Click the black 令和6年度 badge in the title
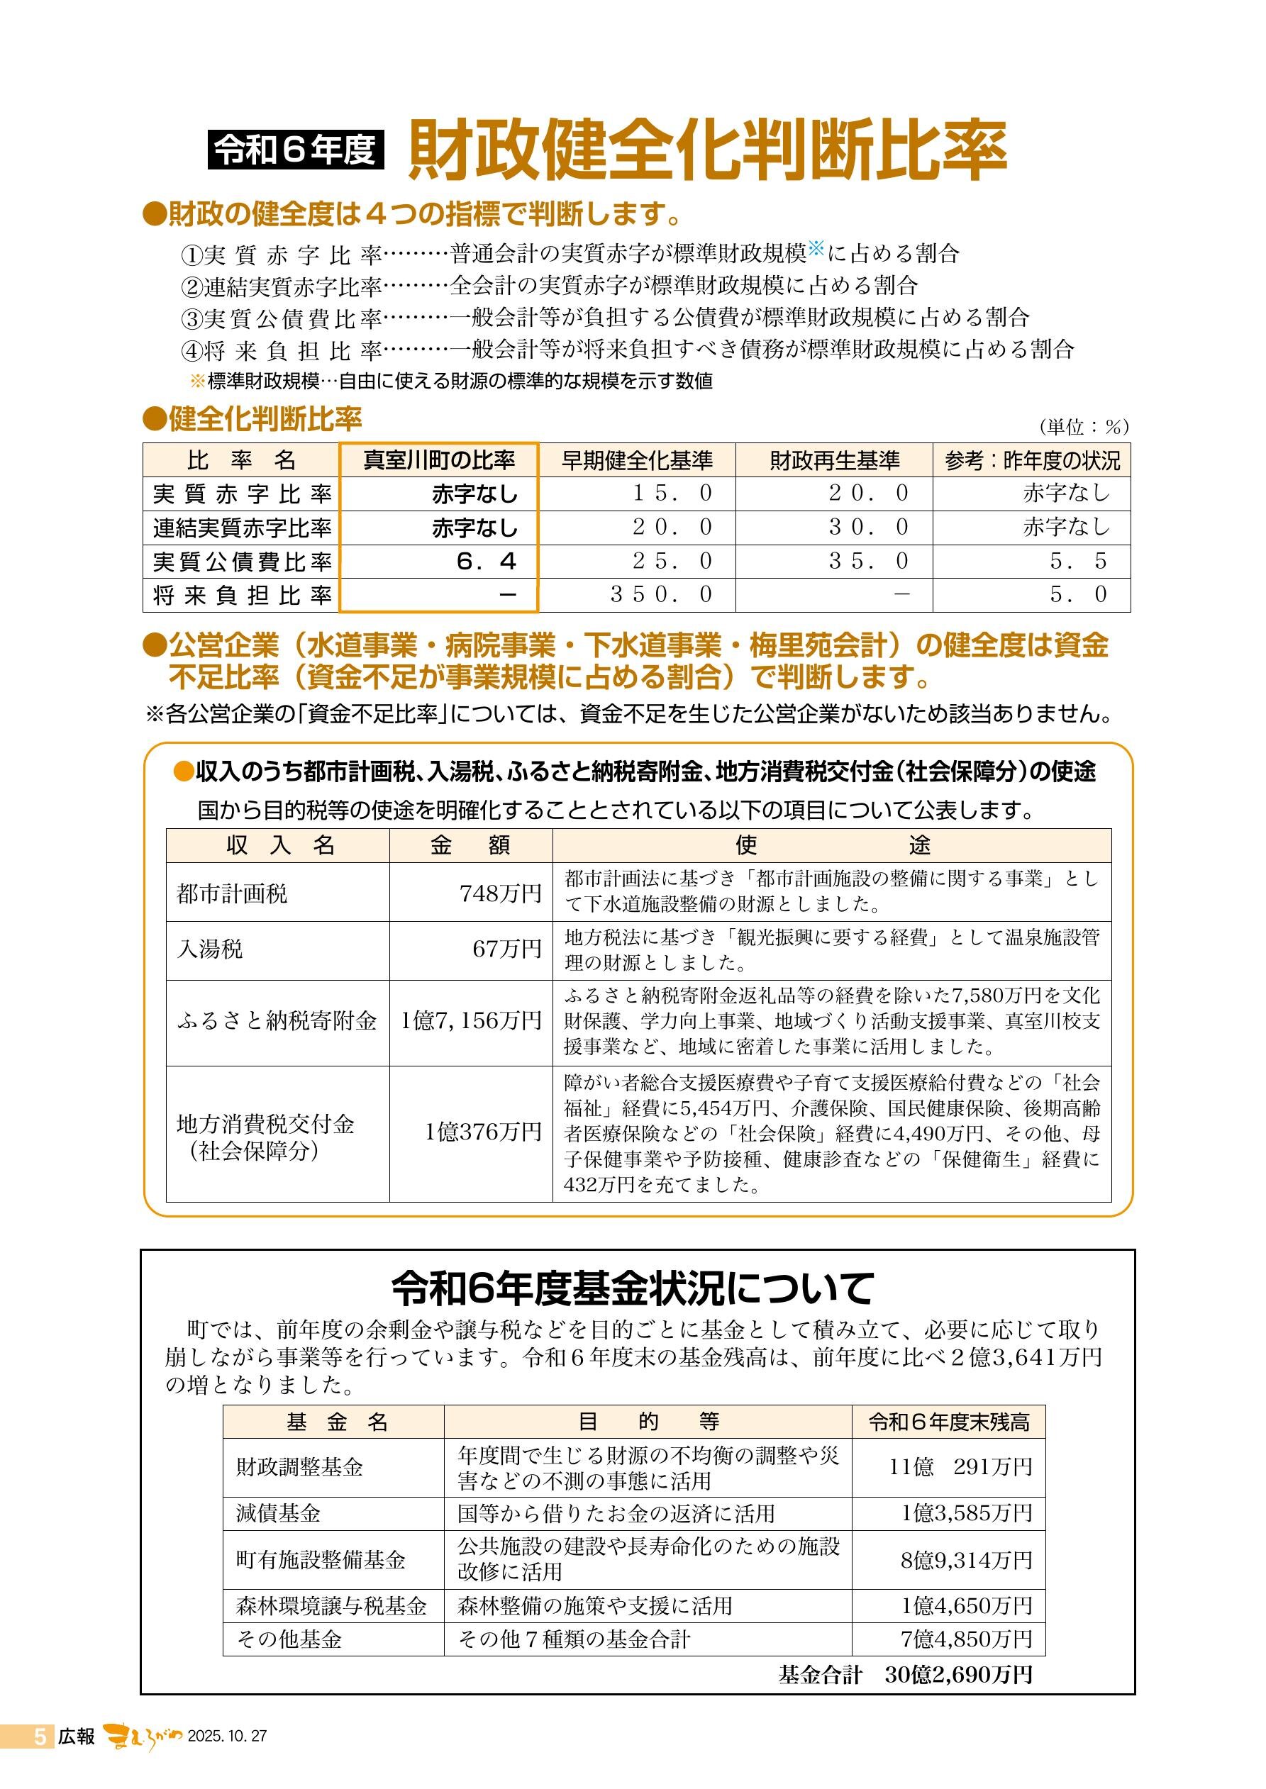pos(296,150)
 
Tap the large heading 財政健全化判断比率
pos(707,150)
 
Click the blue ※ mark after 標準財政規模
pos(816,250)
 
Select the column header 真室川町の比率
pos(439,460)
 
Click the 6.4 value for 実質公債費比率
pos(487,561)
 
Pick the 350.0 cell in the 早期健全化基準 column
pos(661,594)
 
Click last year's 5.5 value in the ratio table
pos(1078,561)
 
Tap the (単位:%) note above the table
pos(1083,426)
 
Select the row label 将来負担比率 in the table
pos(243,596)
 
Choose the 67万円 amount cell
pos(506,949)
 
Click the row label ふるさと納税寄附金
pos(277,1021)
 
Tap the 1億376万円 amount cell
pos(482,1132)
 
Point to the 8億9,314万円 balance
pos(966,1560)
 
